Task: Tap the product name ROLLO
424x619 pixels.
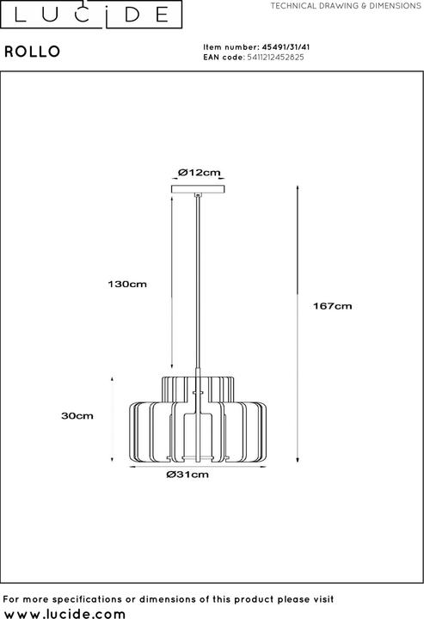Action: point(33,52)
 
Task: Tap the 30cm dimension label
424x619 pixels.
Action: point(77,416)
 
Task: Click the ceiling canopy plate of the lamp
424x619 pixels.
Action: point(199,188)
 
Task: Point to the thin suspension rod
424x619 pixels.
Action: point(199,284)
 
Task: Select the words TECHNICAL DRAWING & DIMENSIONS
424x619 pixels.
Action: point(347,6)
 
